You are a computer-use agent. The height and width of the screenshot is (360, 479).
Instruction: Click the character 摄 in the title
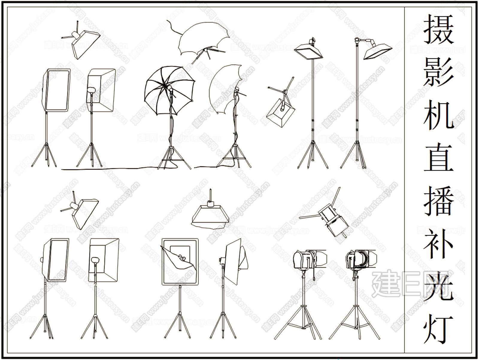pyautogui.click(x=439, y=29)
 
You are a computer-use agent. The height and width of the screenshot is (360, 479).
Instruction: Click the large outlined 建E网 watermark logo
pyautogui.click(x=410, y=285)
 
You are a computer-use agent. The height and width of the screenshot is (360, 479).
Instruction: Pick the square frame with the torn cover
pyautogui.click(x=180, y=262)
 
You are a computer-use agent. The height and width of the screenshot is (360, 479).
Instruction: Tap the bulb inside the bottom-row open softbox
pyautogui.click(x=95, y=260)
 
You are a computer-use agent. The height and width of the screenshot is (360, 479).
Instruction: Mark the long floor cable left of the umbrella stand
pyautogui.click(x=109, y=168)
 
